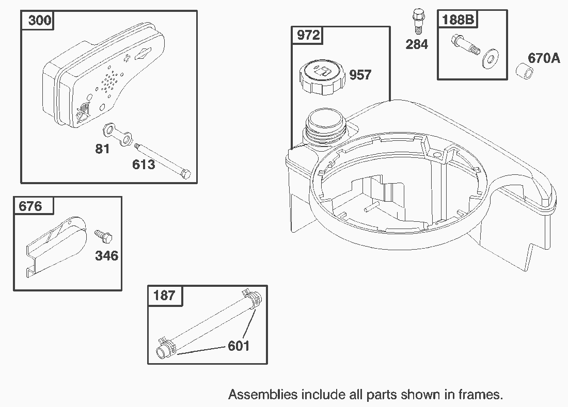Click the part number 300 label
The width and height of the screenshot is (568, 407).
39,20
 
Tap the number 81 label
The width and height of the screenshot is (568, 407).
102,149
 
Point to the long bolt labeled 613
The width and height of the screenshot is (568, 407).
162,160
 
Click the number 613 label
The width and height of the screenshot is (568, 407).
144,165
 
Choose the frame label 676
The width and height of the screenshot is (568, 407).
30,206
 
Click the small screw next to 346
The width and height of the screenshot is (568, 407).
104,236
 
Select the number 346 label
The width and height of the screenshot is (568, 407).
106,256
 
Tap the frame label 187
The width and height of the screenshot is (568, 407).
164,295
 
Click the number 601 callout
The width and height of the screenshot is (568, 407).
239,346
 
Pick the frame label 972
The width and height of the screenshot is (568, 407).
308,35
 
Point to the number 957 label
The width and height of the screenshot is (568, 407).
360,75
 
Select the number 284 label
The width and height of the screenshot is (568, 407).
417,44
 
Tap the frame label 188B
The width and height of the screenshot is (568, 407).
458,19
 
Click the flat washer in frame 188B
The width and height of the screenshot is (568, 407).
491,59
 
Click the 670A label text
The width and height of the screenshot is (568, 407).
544,58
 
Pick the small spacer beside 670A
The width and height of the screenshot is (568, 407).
524,71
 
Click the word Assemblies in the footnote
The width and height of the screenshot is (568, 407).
263,394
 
